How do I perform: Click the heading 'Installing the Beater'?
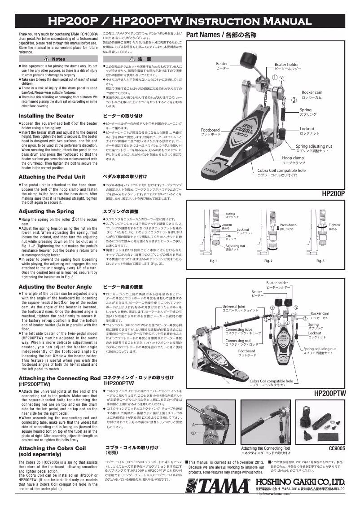pos(46,116)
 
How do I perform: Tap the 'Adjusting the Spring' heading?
pos(46,211)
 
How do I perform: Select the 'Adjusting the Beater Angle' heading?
pos(55,286)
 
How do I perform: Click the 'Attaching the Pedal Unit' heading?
pos(52,177)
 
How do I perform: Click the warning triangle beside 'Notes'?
pos(47,59)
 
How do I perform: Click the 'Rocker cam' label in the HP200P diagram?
pos(312,92)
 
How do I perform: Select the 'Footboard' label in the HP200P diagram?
pos(210,130)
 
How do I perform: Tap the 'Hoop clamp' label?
pos(293,158)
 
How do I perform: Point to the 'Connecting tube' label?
pos(239,330)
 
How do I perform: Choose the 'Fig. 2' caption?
pos(269,261)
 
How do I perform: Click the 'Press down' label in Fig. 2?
pos(288,225)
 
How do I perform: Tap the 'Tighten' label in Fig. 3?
pos(334,225)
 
